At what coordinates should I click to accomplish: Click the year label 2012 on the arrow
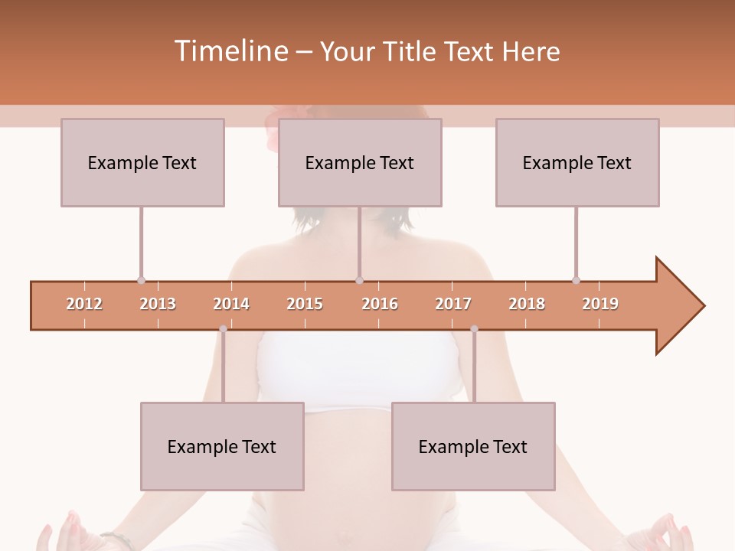tap(84, 304)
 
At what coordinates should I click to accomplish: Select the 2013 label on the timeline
tap(158, 304)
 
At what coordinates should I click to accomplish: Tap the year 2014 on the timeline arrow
tap(231, 304)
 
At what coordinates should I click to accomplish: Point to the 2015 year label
tap(305, 304)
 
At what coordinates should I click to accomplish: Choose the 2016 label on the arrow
tap(380, 304)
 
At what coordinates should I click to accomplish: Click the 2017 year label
tap(453, 304)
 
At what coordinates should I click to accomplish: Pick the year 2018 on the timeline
tap(527, 304)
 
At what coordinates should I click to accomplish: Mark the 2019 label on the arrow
tap(600, 304)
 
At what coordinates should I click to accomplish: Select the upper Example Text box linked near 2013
tap(142, 162)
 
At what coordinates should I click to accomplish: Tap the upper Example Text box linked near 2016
tap(360, 162)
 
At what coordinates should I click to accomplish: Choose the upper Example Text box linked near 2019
tap(577, 162)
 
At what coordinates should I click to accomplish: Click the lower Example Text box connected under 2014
tap(222, 446)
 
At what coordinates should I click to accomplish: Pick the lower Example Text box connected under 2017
tap(473, 446)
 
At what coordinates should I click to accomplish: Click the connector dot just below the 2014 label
tap(223, 329)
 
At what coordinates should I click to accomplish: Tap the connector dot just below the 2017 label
tap(474, 329)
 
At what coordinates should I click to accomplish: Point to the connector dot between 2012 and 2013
tap(141, 280)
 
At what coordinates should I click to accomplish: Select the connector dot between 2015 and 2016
tap(359, 280)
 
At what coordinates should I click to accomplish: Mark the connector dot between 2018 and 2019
tap(576, 280)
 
